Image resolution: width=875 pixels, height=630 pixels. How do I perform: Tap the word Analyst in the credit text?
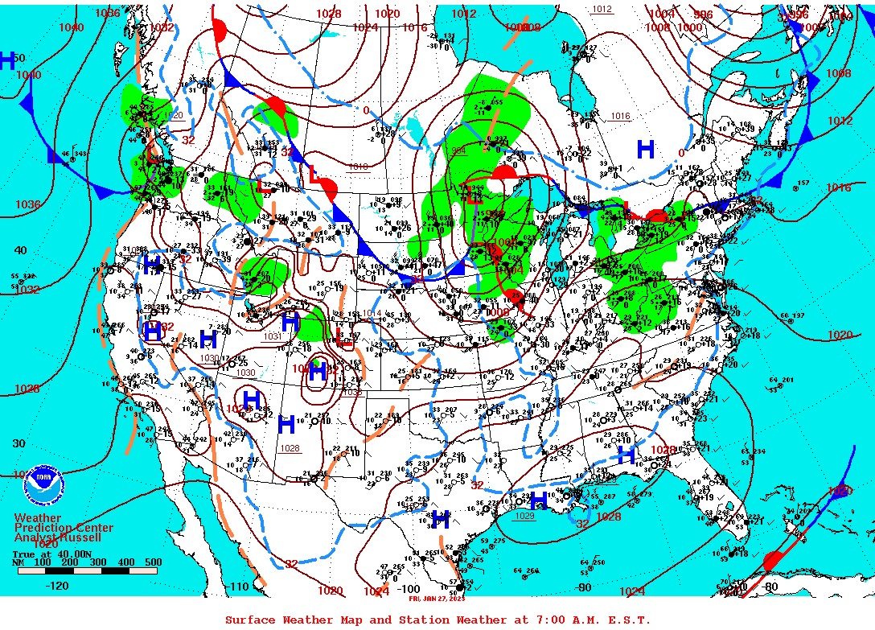coord(34,537)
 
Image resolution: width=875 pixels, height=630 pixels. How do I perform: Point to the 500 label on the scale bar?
coord(152,562)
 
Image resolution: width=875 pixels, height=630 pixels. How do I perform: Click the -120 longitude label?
coord(57,586)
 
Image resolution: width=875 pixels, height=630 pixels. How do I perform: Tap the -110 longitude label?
coord(240,587)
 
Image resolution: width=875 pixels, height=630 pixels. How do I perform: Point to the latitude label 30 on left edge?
coord(18,443)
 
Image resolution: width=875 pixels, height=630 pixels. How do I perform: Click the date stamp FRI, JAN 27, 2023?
coord(437,599)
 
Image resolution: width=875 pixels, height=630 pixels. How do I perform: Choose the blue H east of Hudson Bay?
coord(645,149)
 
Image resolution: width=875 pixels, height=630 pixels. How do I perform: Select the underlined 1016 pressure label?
coord(619,116)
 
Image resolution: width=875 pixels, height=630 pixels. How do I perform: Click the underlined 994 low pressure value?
coord(458,150)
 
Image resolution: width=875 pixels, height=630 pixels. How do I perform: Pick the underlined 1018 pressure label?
coord(358,167)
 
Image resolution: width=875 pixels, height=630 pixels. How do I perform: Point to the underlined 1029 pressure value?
coord(524,516)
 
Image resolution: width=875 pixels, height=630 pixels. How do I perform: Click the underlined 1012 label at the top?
coord(602,10)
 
